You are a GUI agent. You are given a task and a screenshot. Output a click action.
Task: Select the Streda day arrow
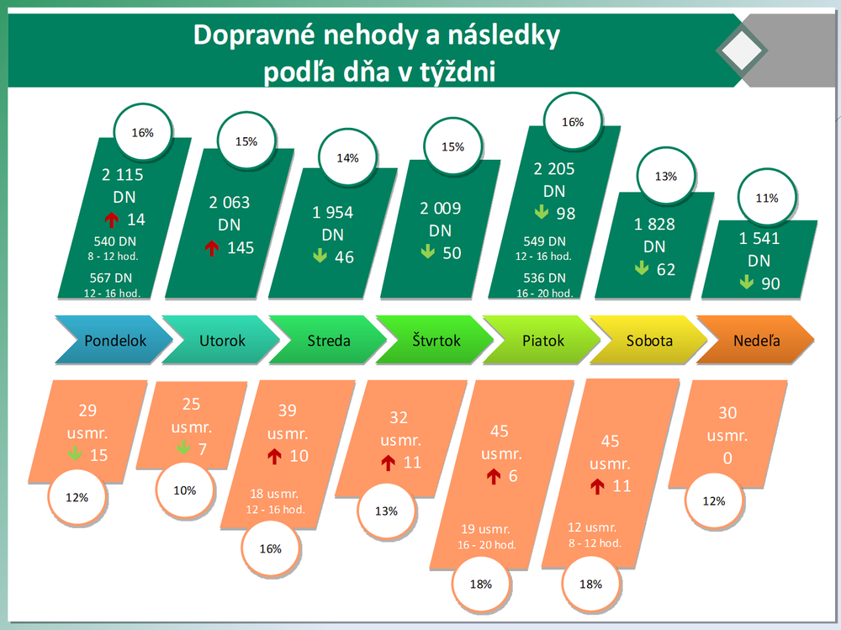click(329, 341)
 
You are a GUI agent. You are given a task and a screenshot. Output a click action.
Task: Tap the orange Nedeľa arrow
click(757, 341)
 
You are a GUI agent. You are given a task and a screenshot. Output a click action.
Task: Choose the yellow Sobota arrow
click(649, 341)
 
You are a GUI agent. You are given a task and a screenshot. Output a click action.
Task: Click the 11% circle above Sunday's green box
click(766, 199)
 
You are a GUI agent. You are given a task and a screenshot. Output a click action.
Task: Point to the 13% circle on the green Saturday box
click(666, 177)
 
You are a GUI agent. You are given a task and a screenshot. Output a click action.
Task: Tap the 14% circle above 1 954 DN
click(347, 157)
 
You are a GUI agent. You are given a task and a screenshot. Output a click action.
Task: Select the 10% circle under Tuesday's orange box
click(184, 490)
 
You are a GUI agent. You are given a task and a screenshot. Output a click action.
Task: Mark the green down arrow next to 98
click(542, 214)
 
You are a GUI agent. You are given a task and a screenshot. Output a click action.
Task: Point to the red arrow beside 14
click(111, 220)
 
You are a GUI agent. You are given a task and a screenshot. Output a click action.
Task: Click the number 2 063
click(230, 203)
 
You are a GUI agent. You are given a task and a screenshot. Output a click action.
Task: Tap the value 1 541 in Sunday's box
click(759, 238)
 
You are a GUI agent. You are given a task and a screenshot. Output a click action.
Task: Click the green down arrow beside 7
click(182, 449)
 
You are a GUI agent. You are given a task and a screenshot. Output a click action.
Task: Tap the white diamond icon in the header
click(742, 52)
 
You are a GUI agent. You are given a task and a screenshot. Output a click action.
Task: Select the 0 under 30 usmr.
click(727, 458)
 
